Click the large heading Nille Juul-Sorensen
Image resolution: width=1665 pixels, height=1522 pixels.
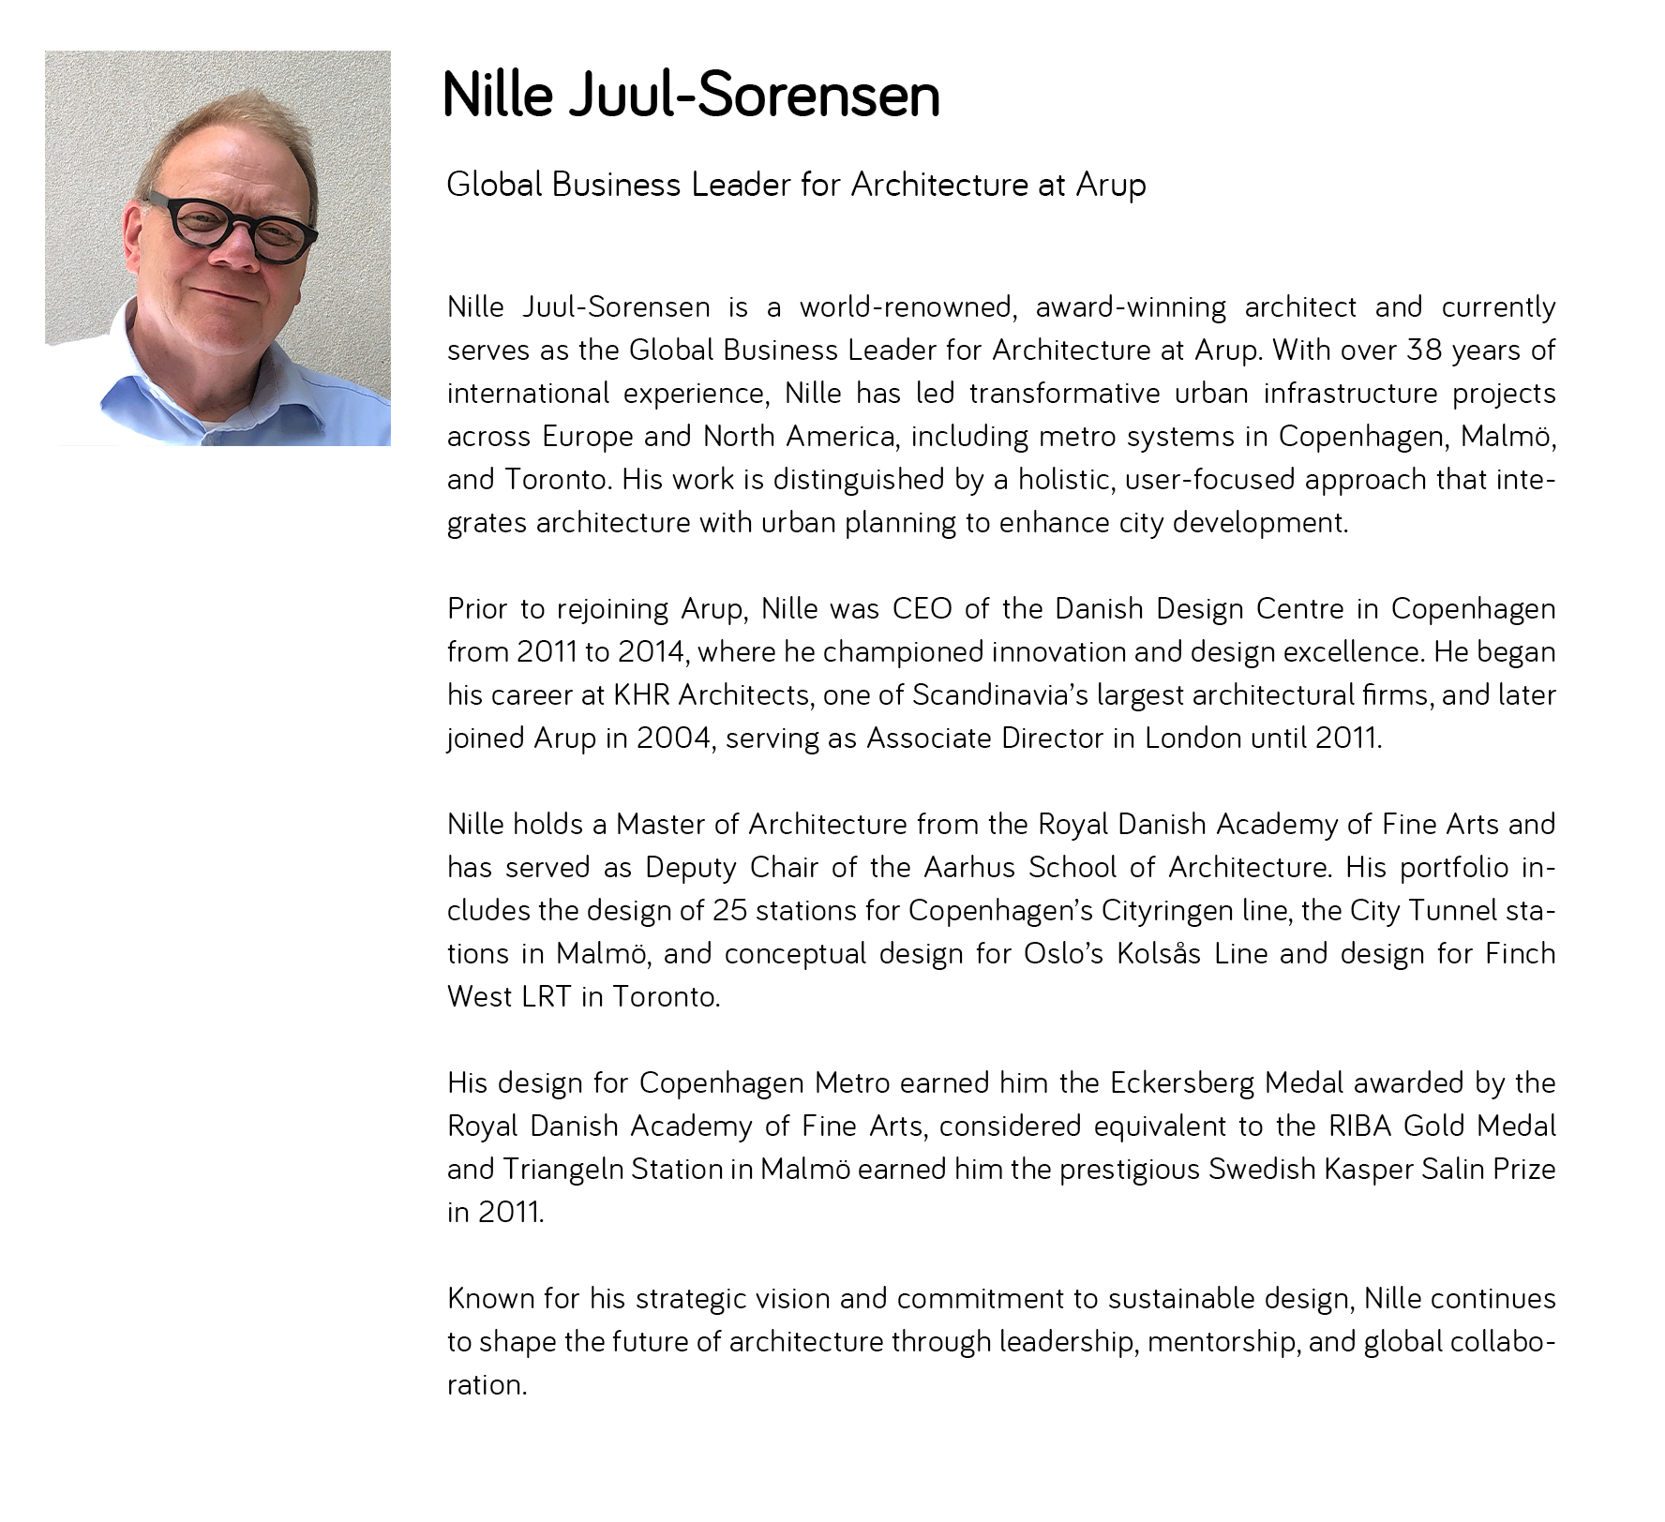690,96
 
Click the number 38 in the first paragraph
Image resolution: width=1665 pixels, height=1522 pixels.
1424,350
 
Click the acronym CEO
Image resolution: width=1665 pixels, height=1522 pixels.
922,608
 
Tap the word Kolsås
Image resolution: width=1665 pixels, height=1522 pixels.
1159,953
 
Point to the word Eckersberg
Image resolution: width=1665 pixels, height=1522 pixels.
1182,1082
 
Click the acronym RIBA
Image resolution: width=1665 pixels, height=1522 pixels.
1360,1126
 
